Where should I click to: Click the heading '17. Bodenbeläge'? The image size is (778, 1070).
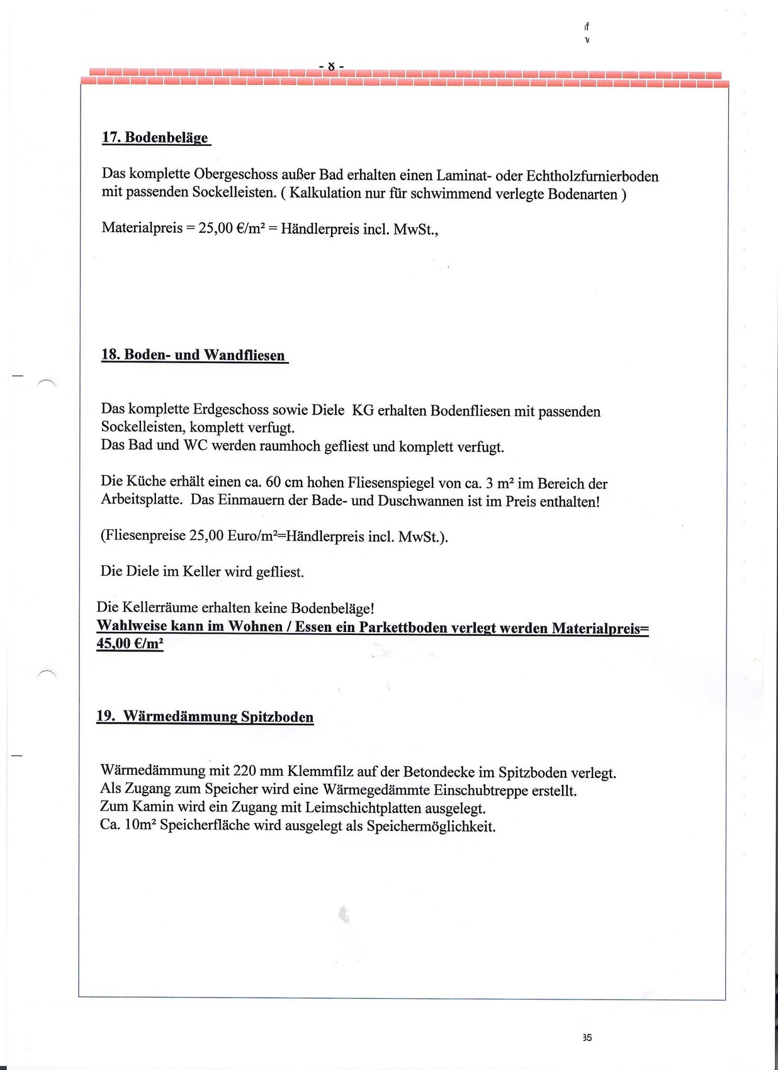155,137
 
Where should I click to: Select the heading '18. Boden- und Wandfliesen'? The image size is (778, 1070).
193,355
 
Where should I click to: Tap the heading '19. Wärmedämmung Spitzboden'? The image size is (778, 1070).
205,716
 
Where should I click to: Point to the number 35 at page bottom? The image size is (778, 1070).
587,1037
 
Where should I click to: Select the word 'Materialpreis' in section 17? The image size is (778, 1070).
142,228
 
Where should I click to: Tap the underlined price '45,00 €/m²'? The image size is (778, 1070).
130,643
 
